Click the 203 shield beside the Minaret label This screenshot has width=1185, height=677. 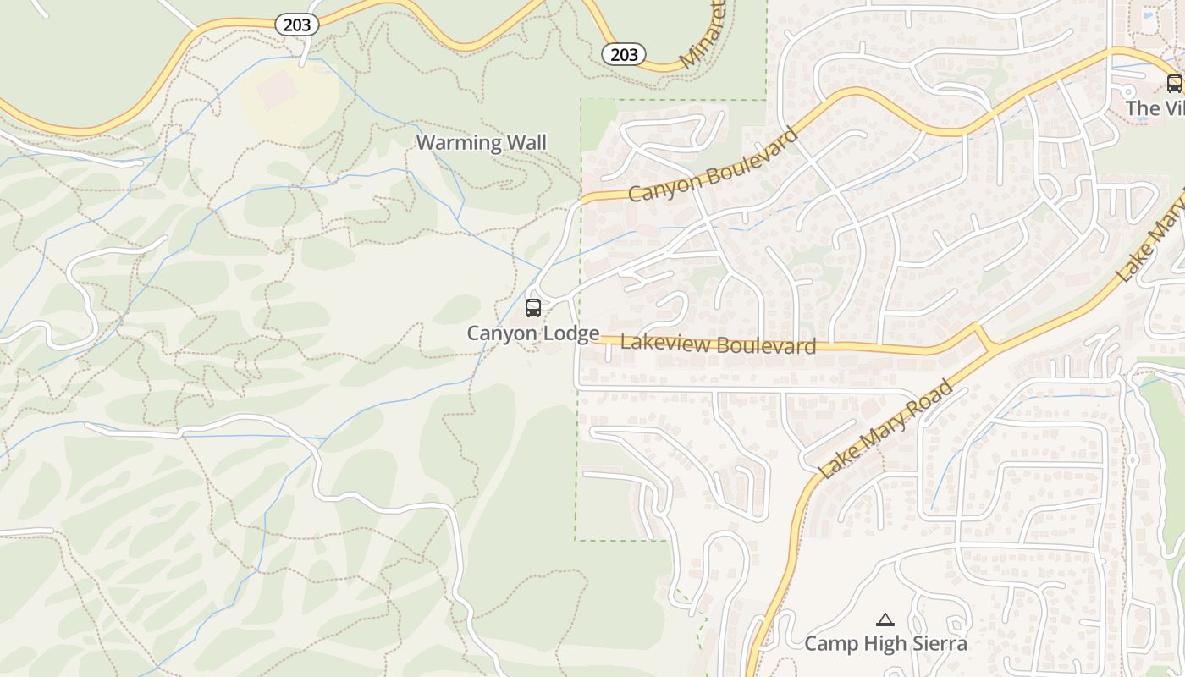(624, 55)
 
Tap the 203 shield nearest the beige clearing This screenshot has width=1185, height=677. (297, 25)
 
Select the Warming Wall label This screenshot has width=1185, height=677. (481, 142)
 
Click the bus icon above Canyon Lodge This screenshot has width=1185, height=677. (533, 308)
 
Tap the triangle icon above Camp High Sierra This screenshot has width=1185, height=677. (885, 620)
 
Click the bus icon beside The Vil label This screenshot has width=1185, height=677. (1174, 83)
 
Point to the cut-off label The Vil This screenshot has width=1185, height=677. (1155, 108)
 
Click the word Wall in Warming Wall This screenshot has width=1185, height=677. (526, 142)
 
